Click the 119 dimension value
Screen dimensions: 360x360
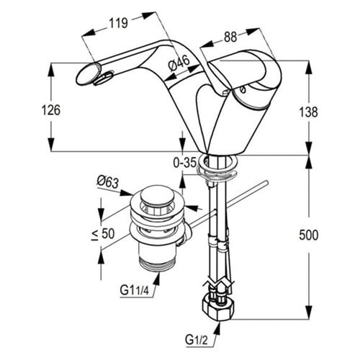(x=118, y=23)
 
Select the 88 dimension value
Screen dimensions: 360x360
(x=230, y=37)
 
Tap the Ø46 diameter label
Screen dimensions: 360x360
(x=179, y=63)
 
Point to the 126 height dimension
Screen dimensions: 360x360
(x=51, y=110)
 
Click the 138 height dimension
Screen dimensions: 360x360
(x=308, y=112)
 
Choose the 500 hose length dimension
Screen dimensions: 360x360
(x=309, y=235)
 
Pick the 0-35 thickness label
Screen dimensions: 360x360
(x=185, y=163)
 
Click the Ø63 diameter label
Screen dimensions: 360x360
(x=108, y=182)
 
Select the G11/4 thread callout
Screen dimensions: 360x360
(x=135, y=291)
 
